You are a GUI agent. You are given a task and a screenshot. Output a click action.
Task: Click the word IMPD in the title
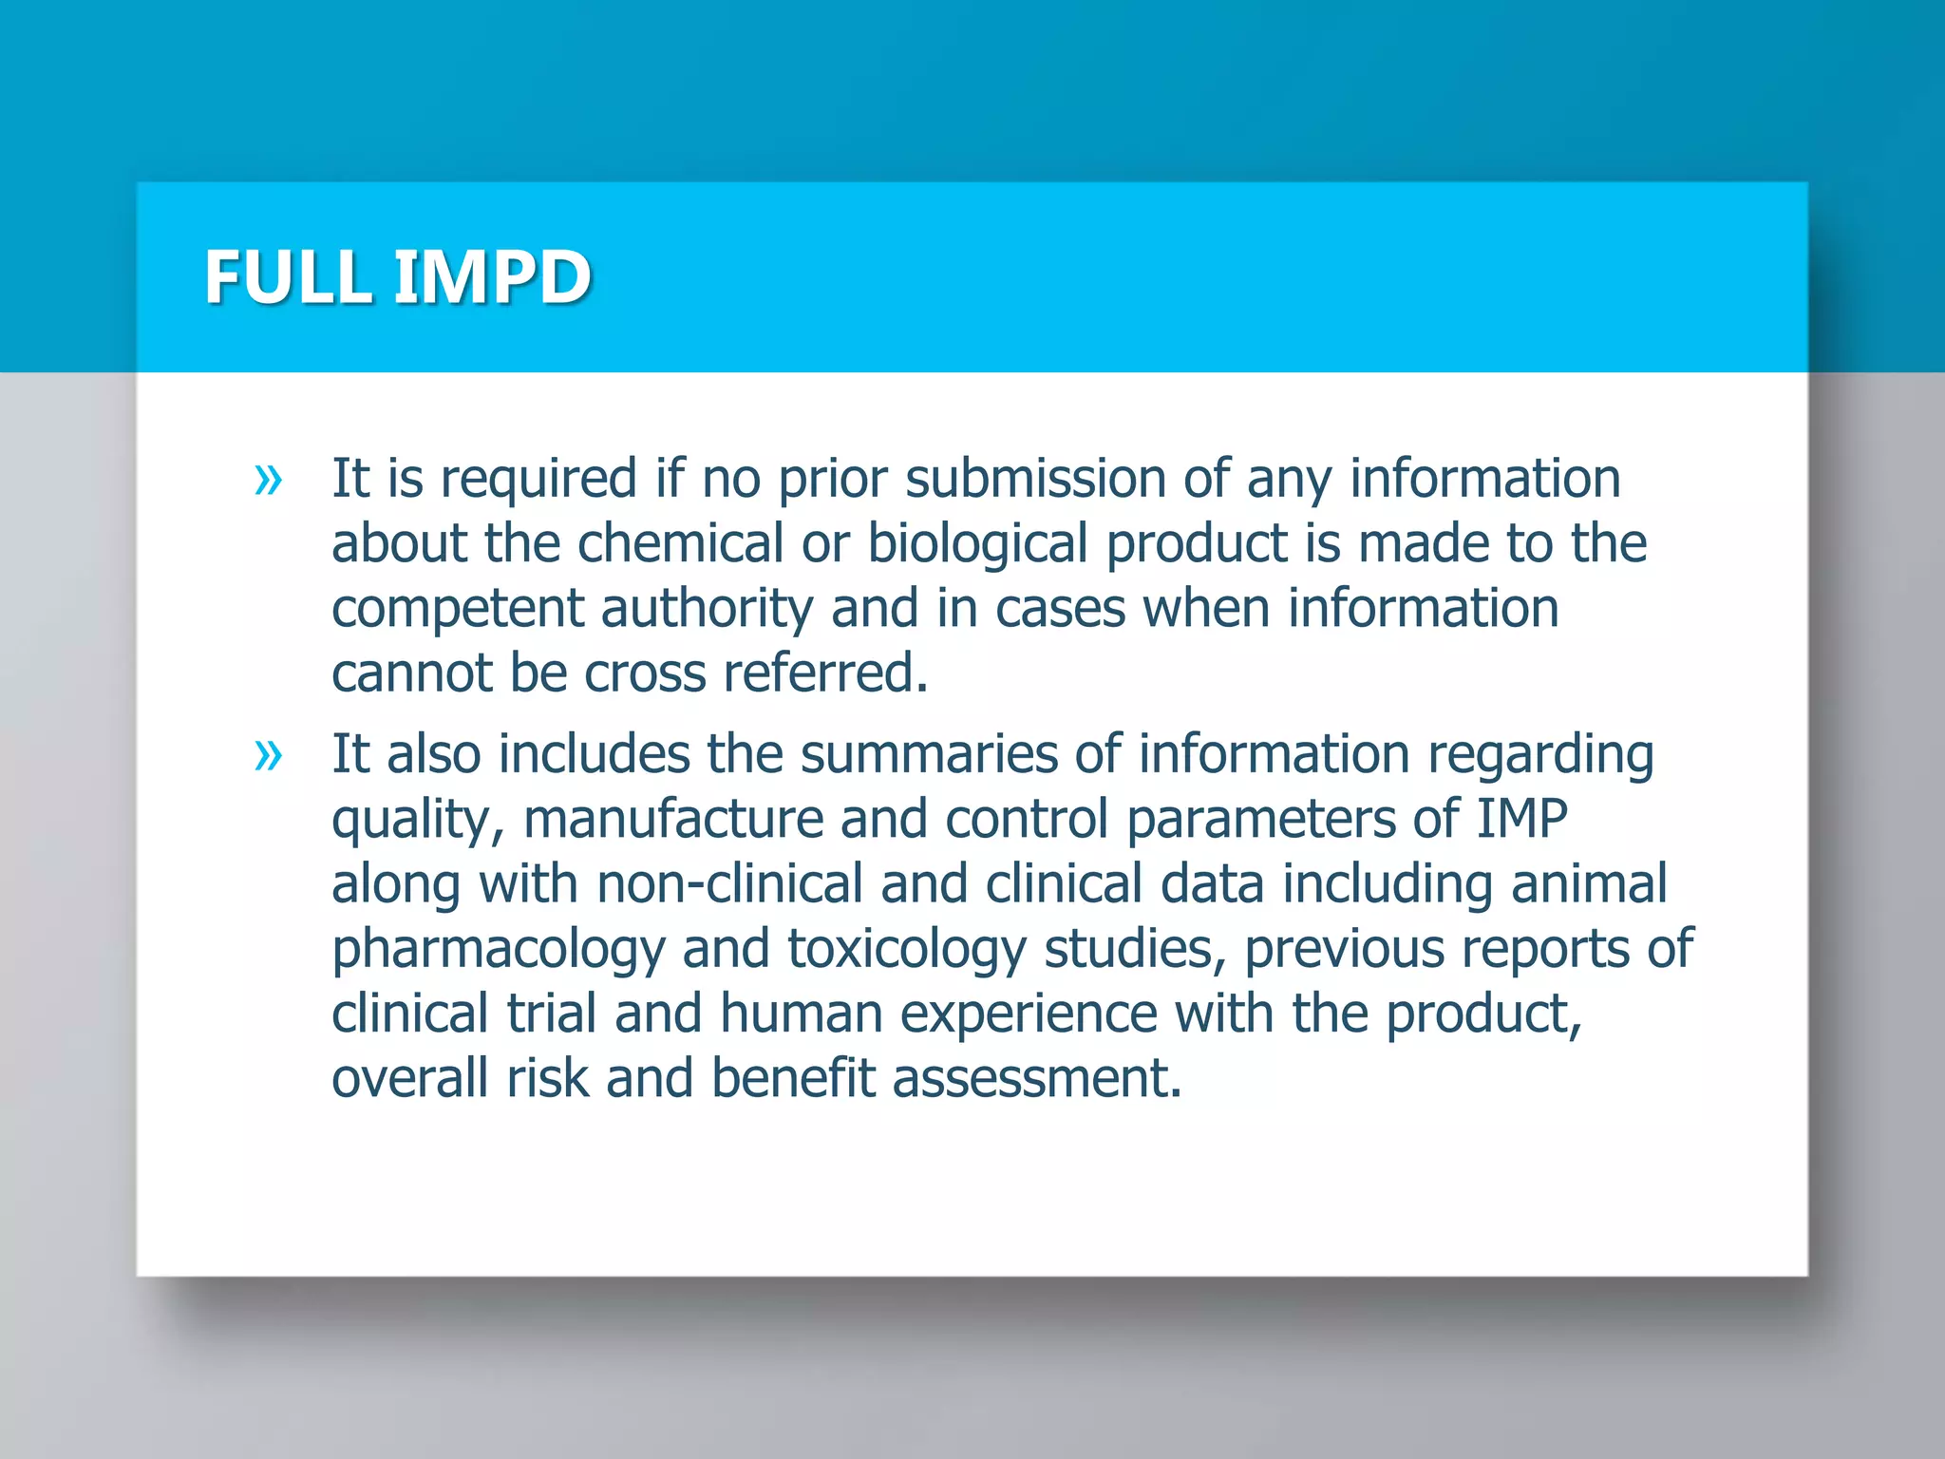click(x=492, y=276)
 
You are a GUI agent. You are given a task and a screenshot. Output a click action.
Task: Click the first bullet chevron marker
click(x=269, y=480)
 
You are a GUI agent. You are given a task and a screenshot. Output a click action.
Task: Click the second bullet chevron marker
click(x=269, y=756)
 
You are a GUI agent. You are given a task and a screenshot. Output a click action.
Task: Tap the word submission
click(x=1035, y=478)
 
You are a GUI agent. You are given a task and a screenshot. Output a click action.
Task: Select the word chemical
click(x=680, y=543)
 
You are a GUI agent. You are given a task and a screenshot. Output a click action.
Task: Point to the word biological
click(x=977, y=543)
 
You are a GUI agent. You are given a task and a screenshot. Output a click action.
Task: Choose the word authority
click(x=707, y=609)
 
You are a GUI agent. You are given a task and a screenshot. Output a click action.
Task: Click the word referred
click(x=824, y=673)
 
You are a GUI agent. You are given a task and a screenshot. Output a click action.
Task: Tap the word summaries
click(x=928, y=754)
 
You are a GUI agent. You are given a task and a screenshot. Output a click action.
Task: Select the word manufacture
click(x=673, y=819)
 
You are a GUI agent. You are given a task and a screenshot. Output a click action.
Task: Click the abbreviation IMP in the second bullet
click(x=1521, y=819)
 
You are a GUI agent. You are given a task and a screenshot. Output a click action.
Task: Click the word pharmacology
click(x=498, y=949)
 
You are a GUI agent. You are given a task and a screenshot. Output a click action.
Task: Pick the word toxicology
click(x=907, y=949)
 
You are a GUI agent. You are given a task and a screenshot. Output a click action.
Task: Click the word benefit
click(x=792, y=1078)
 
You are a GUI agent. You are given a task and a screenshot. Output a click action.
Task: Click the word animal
click(x=1589, y=883)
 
